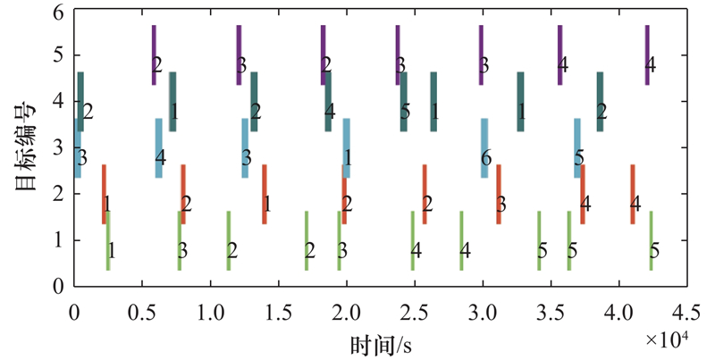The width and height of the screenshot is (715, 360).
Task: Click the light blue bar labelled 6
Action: coord(484,147)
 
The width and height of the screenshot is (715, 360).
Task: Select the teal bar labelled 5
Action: coord(404,101)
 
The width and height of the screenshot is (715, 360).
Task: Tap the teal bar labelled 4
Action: coord(328,101)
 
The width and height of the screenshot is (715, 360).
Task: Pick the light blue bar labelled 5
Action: coord(577,147)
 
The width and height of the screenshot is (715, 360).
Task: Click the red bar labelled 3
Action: coord(499,194)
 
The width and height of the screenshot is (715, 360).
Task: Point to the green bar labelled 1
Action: coord(108,240)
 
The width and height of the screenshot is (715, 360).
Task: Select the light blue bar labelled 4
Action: coord(159,147)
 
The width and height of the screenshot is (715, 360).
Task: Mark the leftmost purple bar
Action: coord(154,54)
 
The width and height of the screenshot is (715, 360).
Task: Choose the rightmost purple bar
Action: coord(647,54)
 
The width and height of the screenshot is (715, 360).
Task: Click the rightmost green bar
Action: coord(651,240)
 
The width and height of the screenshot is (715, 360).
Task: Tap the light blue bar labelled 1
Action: coord(346,147)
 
